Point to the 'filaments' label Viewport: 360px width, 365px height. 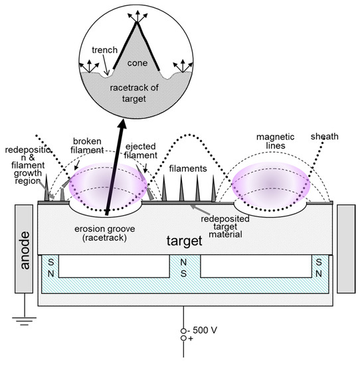click(189, 169)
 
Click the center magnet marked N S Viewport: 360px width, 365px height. click(185, 268)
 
